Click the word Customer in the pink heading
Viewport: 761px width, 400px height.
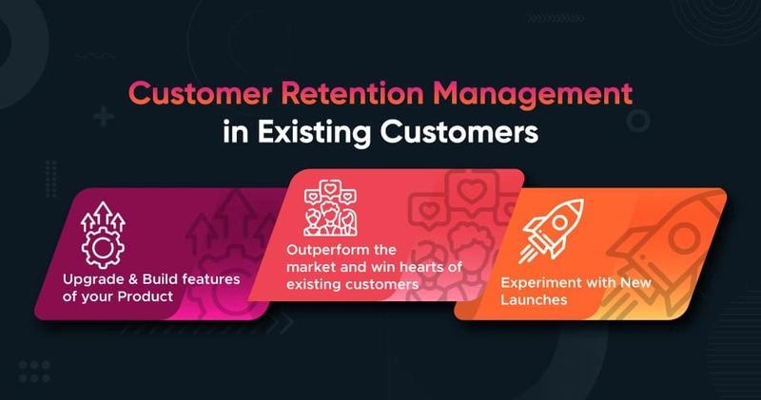pos(200,93)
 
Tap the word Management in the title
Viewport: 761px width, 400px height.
pos(533,94)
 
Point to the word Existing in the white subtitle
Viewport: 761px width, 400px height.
pos(314,132)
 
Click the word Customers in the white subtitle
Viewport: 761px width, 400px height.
pos(459,132)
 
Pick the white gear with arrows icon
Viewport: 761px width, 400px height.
pos(103,235)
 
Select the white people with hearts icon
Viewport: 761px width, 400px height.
pos(330,208)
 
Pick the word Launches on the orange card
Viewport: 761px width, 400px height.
pos(534,299)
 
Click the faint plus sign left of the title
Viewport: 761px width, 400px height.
pos(103,117)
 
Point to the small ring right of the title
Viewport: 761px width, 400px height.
pos(637,121)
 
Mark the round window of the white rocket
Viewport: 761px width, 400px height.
pos(559,223)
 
